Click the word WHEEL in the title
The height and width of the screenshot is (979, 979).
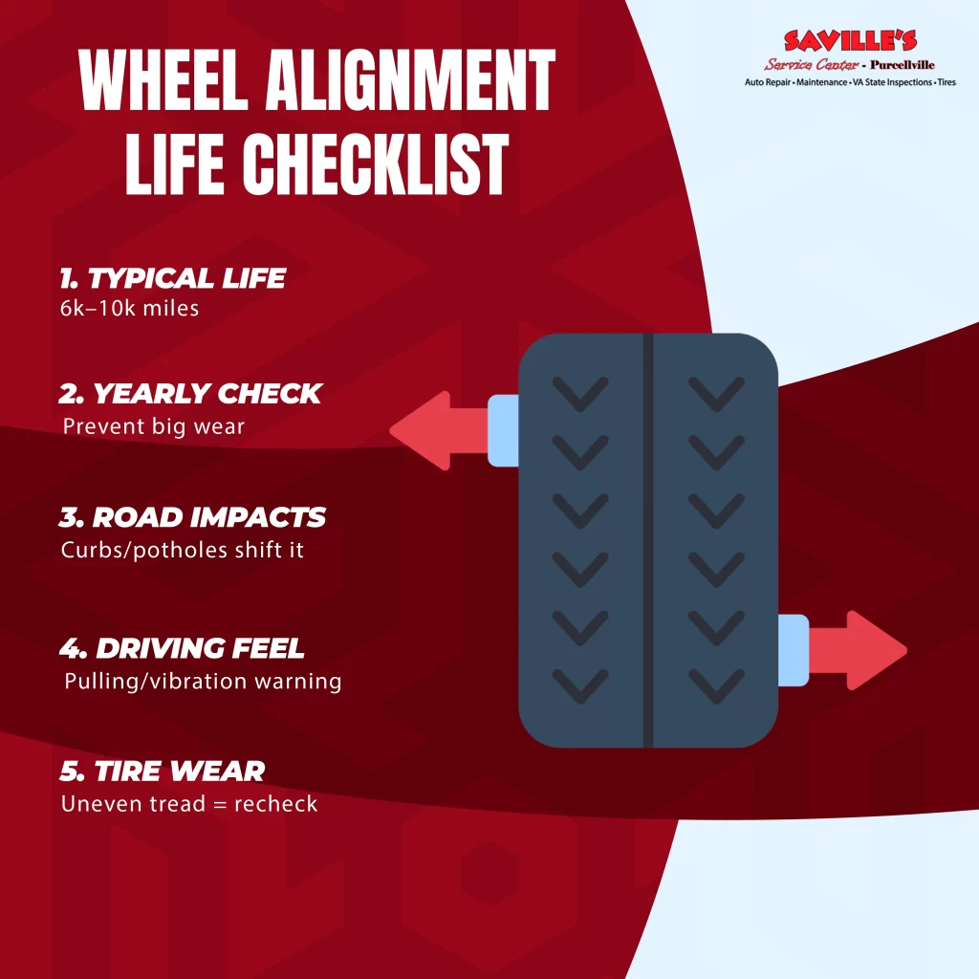tap(163, 80)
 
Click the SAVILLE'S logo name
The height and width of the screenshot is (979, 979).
tap(850, 40)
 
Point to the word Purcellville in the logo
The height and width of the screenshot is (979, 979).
tap(903, 64)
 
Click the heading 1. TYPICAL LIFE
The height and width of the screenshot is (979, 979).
tap(172, 278)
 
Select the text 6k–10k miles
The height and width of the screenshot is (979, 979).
tap(129, 308)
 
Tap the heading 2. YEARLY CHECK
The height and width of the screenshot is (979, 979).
tap(190, 393)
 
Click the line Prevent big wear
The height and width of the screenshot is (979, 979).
tap(154, 425)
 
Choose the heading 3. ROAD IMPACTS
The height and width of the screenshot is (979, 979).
tap(192, 517)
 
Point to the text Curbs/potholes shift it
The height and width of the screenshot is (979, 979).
tap(183, 550)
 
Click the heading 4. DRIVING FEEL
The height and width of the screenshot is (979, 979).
tap(182, 648)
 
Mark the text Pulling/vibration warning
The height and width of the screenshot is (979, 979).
tap(203, 681)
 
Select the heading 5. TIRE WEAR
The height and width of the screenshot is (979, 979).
tap(163, 772)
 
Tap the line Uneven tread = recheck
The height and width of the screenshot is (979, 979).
tap(189, 803)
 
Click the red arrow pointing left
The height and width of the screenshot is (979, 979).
tap(439, 431)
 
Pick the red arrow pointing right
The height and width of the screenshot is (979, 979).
tap(858, 650)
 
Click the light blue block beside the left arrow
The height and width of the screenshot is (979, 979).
tap(503, 431)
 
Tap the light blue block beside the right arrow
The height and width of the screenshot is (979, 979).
tap(794, 650)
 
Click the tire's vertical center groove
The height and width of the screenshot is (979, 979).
tap(648, 540)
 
